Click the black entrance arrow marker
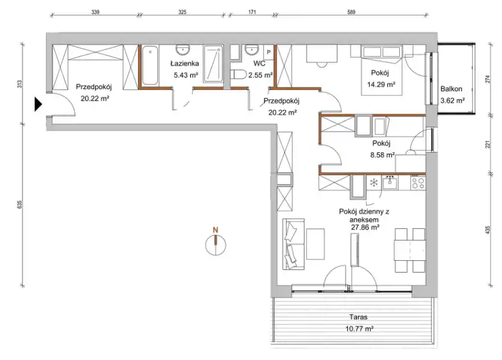(x=38, y=104)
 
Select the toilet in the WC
(x=238, y=75)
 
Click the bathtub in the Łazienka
(x=150, y=66)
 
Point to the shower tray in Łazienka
(x=213, y=64)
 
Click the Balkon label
(x=451, y=89)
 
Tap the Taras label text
(x=358, y=317)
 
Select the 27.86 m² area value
(x=365, y=227)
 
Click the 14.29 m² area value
(x=381, y=85)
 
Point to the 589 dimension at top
(x=351, y=12)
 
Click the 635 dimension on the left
(x=19, y=205)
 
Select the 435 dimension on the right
(x=488, y=230)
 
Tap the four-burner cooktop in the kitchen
(x=418, y=183)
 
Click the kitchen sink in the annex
(x=390, y=182)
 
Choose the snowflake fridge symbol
(x=374, y=183)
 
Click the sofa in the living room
(x=294, y=244)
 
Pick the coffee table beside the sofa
(x=316, y=244)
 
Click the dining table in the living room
(x=410, y=250)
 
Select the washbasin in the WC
(x=251, y=50)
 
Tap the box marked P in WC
(x=269, y=52)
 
